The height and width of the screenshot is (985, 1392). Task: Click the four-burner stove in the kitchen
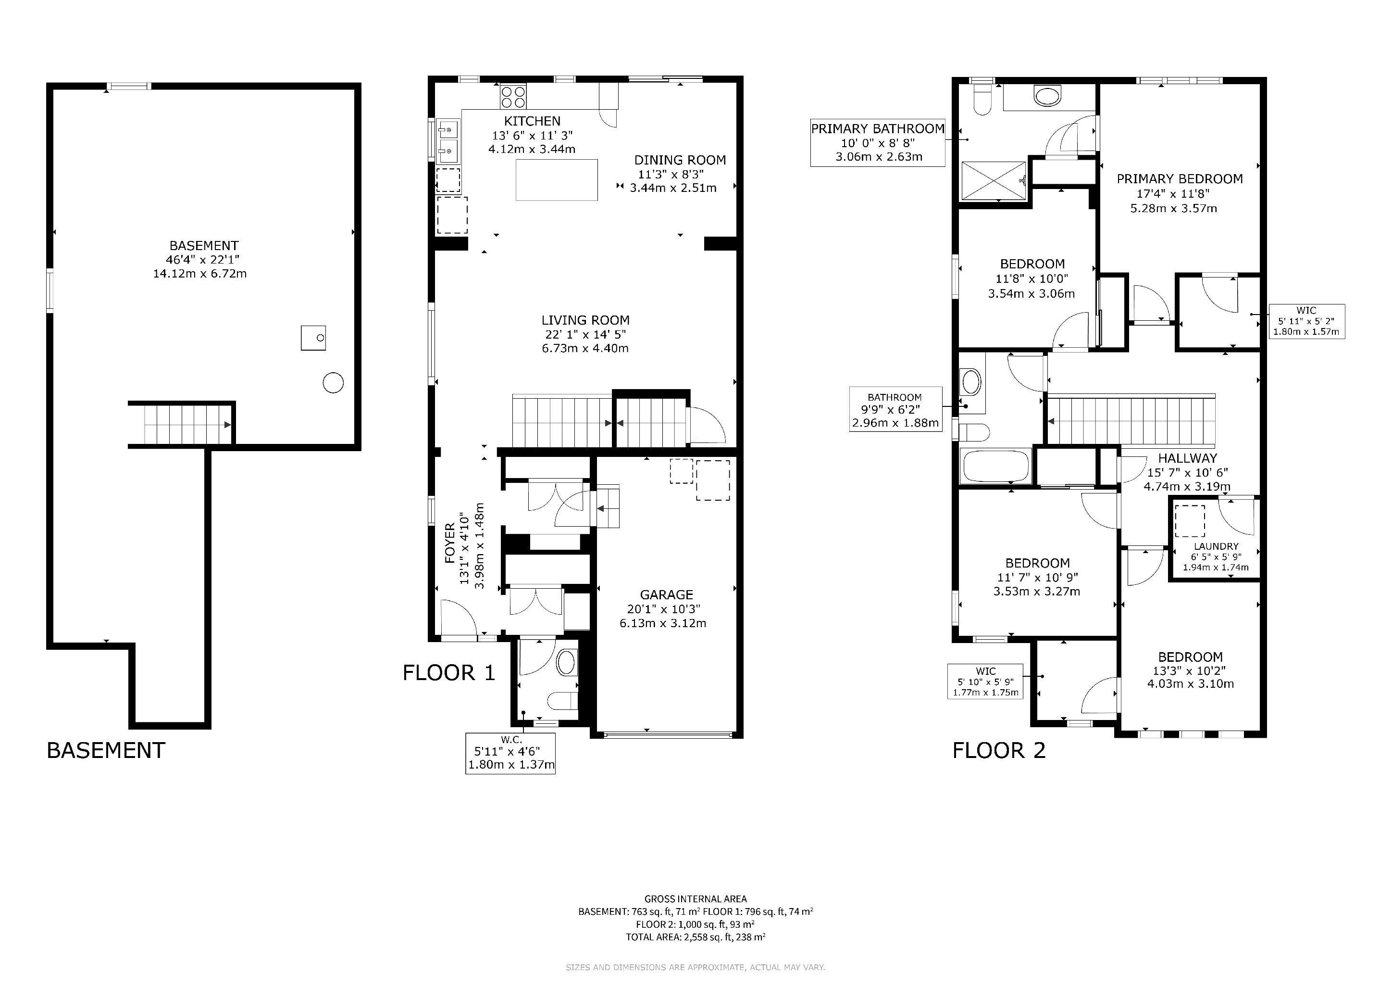click(513, 96)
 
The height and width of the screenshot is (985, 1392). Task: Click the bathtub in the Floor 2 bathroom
click(995, 466)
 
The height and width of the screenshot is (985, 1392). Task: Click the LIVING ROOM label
click(585, 320)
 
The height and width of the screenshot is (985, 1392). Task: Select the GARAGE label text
click(666, 594)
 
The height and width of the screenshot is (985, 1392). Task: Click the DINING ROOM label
click(680, 160)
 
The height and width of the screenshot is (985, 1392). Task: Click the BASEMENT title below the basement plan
click(106, 750)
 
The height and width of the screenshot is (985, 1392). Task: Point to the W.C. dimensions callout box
click(510, 753)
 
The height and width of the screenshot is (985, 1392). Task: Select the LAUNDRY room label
click(1216, 546)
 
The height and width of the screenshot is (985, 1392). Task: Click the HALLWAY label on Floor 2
click(1187, 458)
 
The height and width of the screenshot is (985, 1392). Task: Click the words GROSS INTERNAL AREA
click(696, 899)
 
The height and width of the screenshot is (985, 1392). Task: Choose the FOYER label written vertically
click(450, 543)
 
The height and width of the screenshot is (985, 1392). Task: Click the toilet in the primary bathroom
click(981, 100)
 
